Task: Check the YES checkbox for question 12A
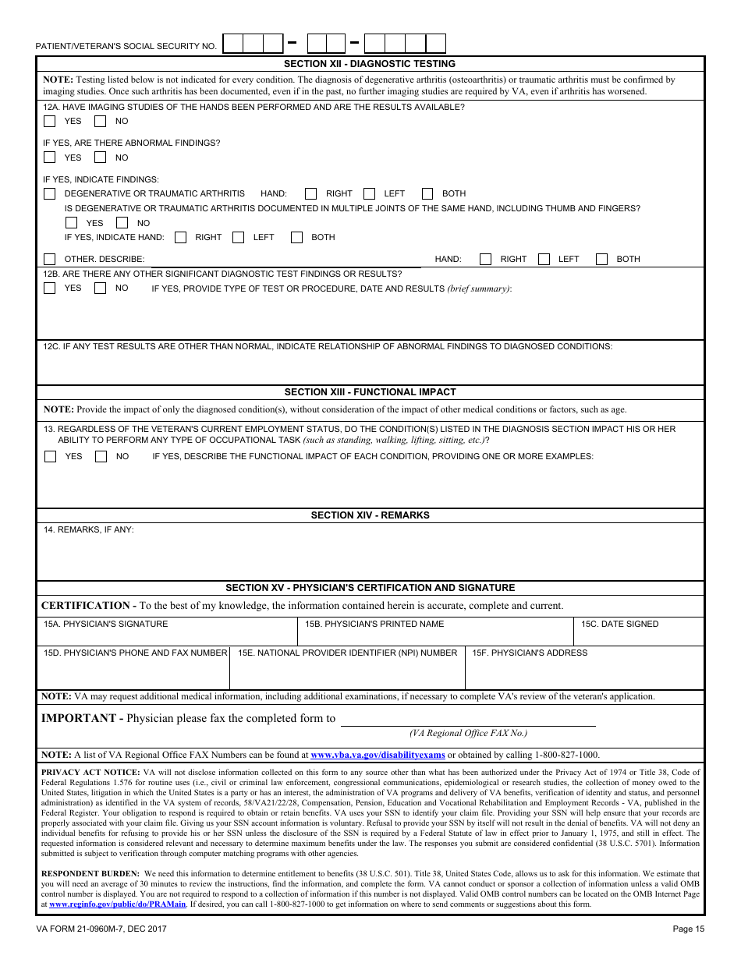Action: tap(50, 122)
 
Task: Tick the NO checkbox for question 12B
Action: tap(100, 288)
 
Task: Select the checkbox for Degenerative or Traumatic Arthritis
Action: tap(50, 193)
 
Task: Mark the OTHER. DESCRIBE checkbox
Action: tap(50, 259)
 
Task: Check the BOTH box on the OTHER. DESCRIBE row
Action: tap(602, 259)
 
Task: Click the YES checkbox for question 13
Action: tap(50, 457)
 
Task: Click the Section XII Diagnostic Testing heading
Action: tap(370, 64)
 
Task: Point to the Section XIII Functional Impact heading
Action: tap(370, 392)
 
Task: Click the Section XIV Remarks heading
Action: tap(370, 515)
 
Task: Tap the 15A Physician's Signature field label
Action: tap(105, 624)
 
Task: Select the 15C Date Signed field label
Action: tap(619, 624)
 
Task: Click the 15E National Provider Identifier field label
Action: tap(347, 653)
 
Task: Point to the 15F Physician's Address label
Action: tap(529, 653)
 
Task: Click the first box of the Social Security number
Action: tap(232, 43)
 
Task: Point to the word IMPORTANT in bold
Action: tap(78, 718)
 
